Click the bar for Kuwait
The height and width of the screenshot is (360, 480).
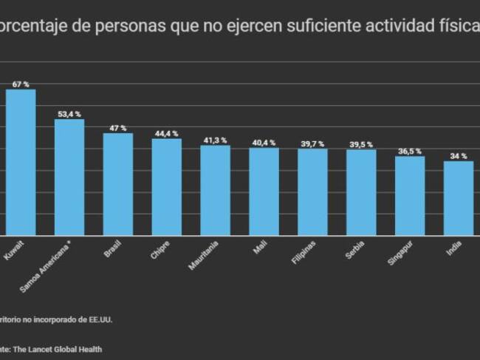click(x=21, y=162)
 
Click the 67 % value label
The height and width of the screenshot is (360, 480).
click(x=21, y=84)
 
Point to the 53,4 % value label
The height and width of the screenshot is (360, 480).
click(x=69, y=115)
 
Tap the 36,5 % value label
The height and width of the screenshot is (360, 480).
click(x=410, y=152)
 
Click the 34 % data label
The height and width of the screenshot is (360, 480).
click(x=459, y=157)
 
